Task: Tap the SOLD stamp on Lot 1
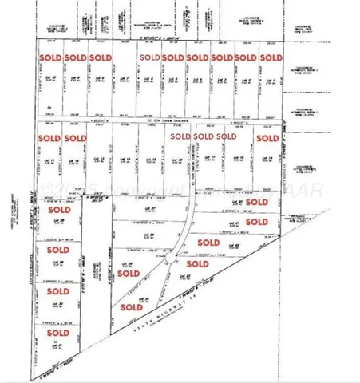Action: coord(271,57)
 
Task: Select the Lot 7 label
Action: coord(124,79)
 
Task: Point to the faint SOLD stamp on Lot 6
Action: coord(148,57)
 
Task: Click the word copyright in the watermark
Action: coord(131,188)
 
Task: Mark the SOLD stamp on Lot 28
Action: coord(57,210)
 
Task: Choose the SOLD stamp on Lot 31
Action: coord(57,333)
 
